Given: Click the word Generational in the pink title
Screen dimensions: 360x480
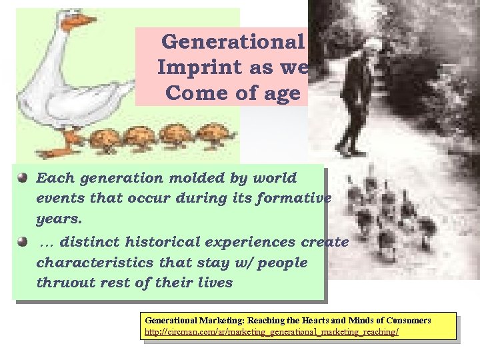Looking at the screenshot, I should point(233,41).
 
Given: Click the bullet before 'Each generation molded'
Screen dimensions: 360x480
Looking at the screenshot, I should point(23,178).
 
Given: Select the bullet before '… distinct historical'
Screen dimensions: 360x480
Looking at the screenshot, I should point(23,241).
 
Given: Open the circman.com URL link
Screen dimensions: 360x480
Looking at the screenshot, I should point(272,331).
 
